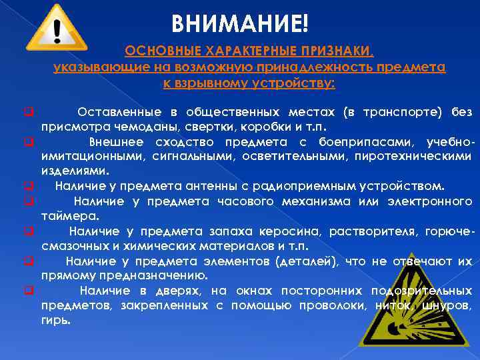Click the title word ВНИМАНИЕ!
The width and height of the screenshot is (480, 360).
coord(239,25)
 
